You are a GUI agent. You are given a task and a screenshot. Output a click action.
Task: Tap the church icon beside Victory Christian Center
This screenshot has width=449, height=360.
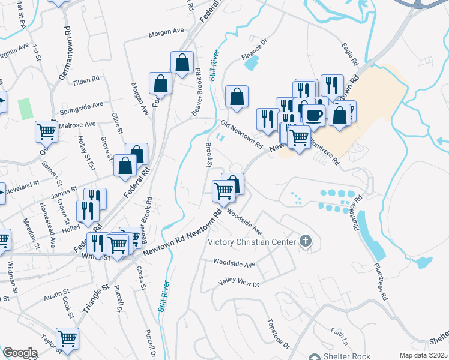(305, 242)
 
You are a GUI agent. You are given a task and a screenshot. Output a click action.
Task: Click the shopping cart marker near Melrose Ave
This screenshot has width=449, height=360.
(46, 130)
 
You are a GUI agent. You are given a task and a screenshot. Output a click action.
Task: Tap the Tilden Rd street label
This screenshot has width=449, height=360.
(85, 81)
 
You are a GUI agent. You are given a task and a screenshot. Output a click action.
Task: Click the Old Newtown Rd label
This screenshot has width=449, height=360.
(242, 134)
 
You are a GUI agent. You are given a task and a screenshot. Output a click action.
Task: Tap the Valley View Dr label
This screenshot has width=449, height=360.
(239, 283)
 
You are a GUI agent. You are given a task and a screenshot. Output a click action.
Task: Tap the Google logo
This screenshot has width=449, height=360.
(20, 352)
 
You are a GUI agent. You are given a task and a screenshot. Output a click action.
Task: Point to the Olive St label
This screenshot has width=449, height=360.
(118, 122)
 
